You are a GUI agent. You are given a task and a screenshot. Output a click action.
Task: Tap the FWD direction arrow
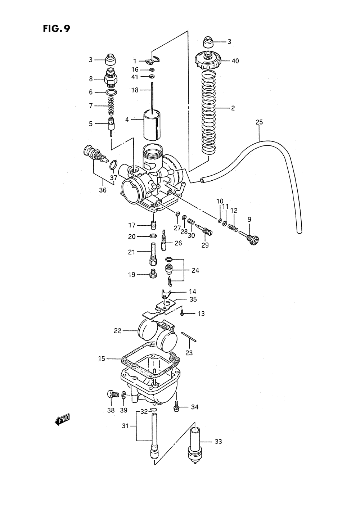point(62,419)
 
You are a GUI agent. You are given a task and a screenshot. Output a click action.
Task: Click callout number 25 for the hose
point(259,122)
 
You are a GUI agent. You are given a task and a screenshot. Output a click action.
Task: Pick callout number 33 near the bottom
point(218,441)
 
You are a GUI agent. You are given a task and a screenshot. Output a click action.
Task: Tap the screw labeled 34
point(176,407)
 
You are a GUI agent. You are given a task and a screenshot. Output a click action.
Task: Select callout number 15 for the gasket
point(101,358)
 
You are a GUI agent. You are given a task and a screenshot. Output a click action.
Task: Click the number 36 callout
point(103,190)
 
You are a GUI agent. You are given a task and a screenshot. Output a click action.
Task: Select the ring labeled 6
point(112,92)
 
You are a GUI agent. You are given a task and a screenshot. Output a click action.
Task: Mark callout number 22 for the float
point(118,331)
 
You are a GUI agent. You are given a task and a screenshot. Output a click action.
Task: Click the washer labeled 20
point(153,236)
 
